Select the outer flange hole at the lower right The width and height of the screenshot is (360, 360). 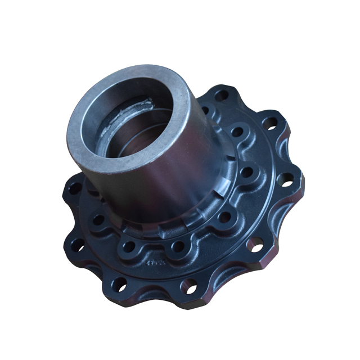pos(254,244)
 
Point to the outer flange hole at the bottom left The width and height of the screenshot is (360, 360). pos(120,282)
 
